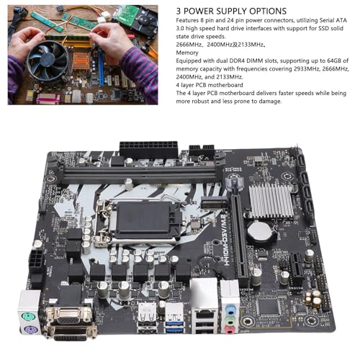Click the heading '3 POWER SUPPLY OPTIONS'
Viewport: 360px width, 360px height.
(x=231, y=12)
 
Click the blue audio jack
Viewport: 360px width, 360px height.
(x=230, y=310)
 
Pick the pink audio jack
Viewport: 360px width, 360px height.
(x=230, y=330)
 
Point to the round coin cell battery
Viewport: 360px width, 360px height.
(x=260, y=233)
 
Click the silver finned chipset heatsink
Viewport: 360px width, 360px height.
(x=271, y=201)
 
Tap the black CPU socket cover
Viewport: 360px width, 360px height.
(x=143, y=219)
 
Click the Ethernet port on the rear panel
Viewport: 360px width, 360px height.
(x=204, y=313)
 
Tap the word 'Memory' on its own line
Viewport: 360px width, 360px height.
(x=187, y=53)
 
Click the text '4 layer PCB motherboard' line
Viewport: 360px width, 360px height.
(x=210, y=85)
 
